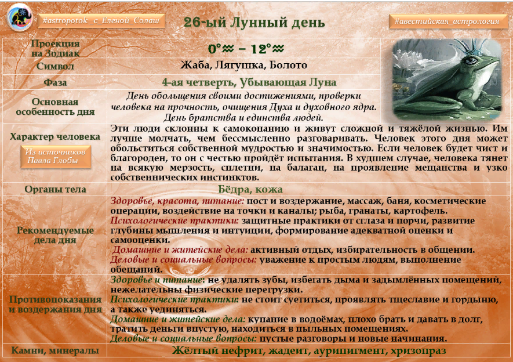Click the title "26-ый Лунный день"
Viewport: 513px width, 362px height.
click(x=254, y=22)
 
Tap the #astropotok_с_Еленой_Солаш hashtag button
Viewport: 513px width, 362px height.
click(x=101, y=21)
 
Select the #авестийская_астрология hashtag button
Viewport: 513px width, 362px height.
click(x=447, y=21)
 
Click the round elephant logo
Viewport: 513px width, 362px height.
click(x=20, y=17)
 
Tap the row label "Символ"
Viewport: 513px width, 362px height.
click(x=55, y=66)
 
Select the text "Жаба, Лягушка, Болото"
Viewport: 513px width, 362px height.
click(x=243, y=65)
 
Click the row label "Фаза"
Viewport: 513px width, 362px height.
click(x=55, y=82)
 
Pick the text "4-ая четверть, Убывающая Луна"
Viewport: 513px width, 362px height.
click(x=249, y=82)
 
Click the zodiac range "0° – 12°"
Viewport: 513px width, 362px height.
click(x=246, y=49)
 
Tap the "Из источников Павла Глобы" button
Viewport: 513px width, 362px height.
click(x=56, y=157)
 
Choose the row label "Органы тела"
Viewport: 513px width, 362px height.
click(x=55, y=189)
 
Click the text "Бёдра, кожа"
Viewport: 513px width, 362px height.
click(x=250, y=189)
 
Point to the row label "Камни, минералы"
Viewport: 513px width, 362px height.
click(x=55, y=350)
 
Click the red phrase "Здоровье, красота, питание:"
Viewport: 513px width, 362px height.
click(x=177, y=201)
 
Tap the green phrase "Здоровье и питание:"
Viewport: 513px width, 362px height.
click(x=158, y=280)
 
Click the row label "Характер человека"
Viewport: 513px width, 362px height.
click(x=55, y=136)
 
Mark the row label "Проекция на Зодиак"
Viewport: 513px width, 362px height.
click(x=55, y=48)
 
